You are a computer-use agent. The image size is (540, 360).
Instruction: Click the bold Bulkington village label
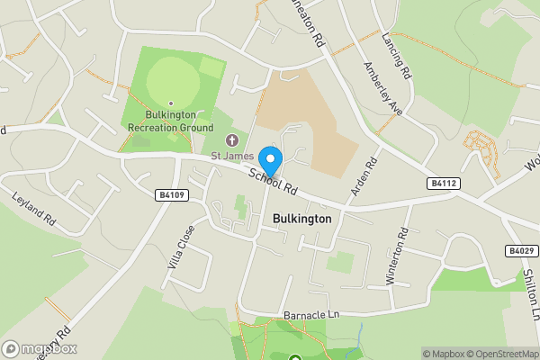[301, 219]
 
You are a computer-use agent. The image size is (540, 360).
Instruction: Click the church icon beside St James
[232, 140]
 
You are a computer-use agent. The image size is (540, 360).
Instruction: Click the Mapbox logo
[40, 348]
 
